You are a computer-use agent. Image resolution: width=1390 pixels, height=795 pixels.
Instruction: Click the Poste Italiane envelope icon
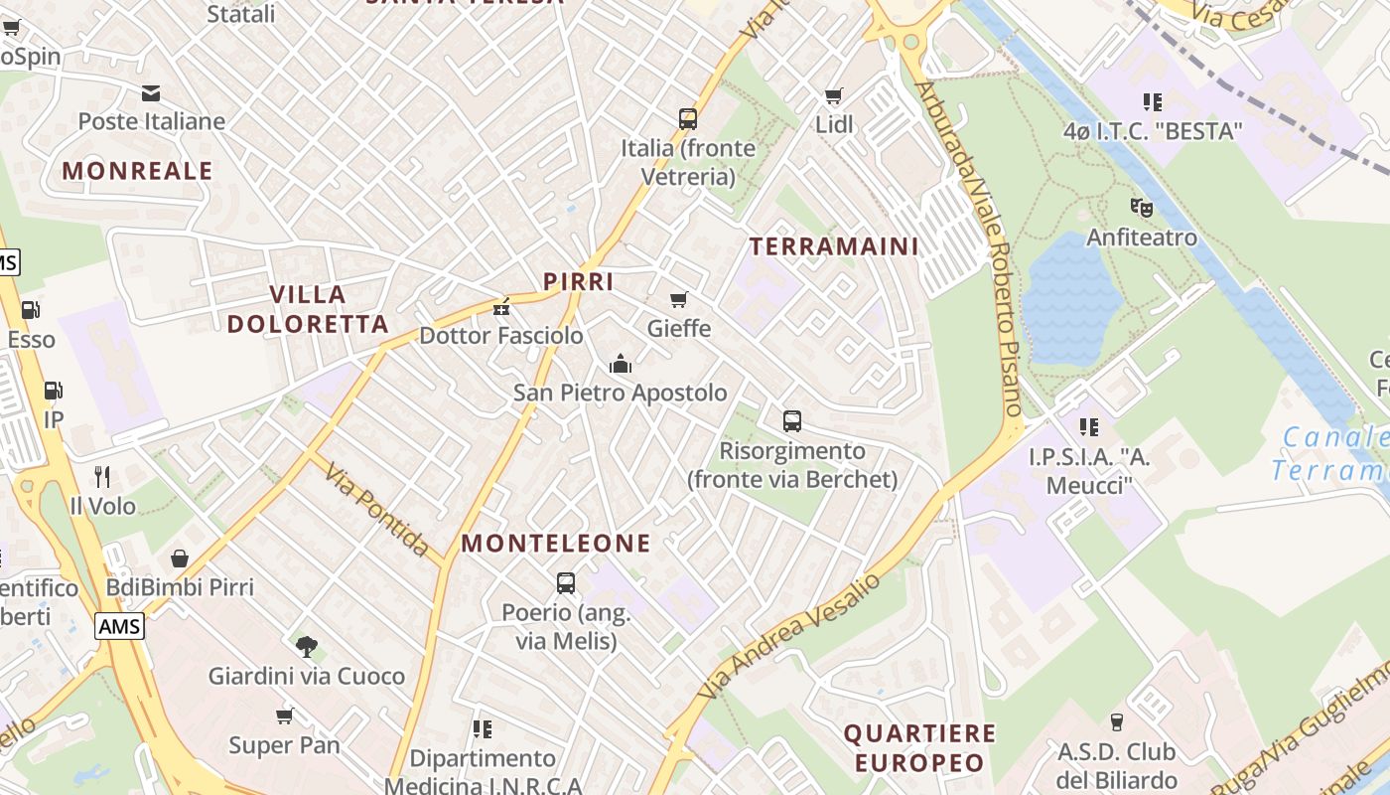[151, 94]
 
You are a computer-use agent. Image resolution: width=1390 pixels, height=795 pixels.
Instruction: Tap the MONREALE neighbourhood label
[138, 171]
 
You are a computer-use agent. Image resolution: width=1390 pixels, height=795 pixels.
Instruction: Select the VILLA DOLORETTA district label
[308, 309]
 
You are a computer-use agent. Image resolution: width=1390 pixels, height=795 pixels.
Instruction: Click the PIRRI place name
[579, 281]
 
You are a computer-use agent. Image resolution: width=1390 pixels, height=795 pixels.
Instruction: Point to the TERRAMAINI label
[834, 246]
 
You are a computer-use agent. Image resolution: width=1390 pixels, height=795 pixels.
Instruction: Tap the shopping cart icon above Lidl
[834, 96]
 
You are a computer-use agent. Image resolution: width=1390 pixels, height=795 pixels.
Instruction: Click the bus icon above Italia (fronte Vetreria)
[688, 119]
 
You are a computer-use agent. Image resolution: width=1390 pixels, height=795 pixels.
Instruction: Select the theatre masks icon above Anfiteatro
[1142, 208]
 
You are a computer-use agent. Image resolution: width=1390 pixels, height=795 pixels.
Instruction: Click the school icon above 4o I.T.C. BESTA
[1153, 101]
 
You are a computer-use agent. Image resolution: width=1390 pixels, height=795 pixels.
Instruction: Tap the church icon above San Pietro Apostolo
[621, 364]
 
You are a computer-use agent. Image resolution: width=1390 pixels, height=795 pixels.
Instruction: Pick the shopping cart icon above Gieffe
[679, 299]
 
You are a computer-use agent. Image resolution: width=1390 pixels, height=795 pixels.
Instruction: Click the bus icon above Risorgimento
[792, 421]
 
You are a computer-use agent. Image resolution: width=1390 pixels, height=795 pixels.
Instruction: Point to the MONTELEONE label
[556, 544]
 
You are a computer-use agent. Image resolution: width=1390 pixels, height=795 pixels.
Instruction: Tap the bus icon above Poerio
[566, 583]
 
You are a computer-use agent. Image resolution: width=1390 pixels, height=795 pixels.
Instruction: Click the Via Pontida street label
[376, 510]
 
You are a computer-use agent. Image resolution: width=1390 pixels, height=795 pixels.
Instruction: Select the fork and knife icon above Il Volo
[101, 477]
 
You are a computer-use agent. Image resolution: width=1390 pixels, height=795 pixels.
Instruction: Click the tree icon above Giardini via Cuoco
[306, 647]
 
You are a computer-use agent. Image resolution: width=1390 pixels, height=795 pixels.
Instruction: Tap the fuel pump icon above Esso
[31, 310]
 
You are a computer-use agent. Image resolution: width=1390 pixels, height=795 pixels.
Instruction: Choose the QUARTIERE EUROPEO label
[919, 748]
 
